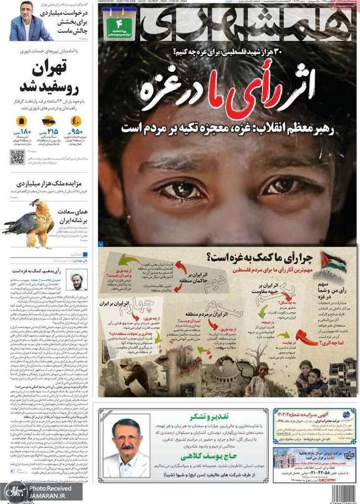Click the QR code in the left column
tap(17, 157)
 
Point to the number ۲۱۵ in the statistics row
tap(52, 132)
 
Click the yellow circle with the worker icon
tap(76, 120)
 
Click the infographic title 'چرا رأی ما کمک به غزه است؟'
tap(260, 257)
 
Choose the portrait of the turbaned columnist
tap(77, 279)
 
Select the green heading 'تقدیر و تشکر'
tap(212, 417)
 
